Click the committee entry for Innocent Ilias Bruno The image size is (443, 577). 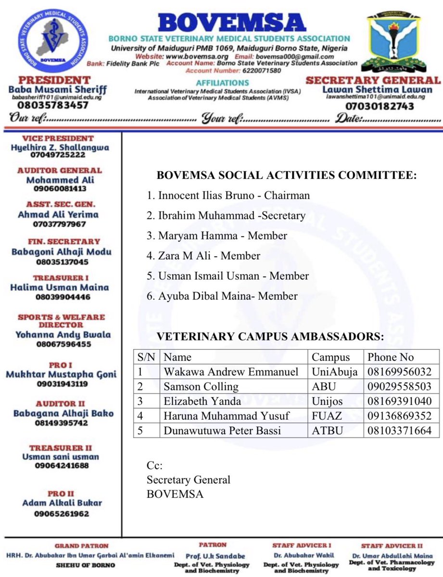[x=228, y=196]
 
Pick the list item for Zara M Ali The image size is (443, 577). [x=203, y=256]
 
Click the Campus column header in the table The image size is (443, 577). [x=331, y=357]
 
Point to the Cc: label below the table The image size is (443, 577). [x=154, y=466]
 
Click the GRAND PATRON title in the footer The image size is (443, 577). [x=81, y=546]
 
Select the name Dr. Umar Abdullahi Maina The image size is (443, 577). [x=391, y=555]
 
